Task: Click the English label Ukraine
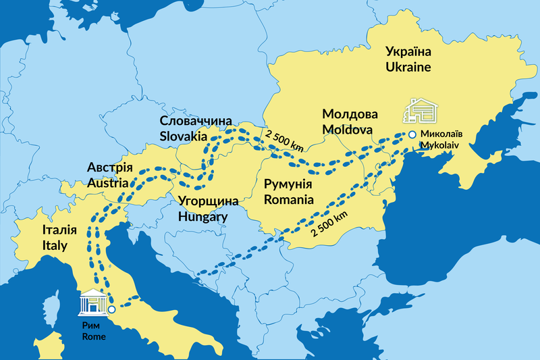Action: click(x=408, y=66)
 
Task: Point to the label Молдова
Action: click(x=350, y=113)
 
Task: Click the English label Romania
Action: click(x=288, y=199)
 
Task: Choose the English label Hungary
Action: click(x=202, y=217)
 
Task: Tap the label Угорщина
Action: click(x=209, y=201)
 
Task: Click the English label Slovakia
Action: click(x=183, y=136)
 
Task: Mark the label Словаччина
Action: click(x=192, y=120)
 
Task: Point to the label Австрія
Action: click(x=110, y=167)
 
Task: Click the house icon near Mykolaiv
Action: click(x=420, y=110)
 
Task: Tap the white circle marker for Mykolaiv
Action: click(x=412, y=134)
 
